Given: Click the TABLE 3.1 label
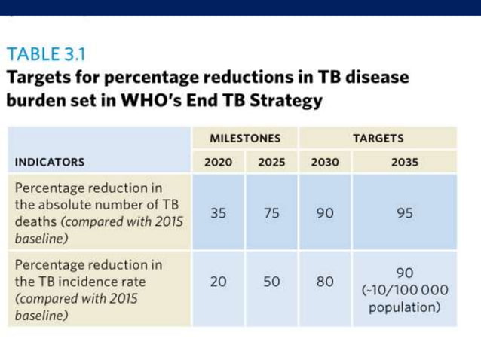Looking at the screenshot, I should coord(46,54).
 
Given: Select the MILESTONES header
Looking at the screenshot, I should coord(244,139).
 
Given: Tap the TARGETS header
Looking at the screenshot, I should coord(378,139).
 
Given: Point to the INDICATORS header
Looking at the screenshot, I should coord(50,162).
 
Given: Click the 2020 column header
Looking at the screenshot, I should coord(219,162).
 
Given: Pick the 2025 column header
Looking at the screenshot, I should coord(271,162).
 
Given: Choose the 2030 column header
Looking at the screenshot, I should coord(325,162).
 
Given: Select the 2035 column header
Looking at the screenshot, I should coord(405,162).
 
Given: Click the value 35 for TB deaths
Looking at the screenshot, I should coord(219,213).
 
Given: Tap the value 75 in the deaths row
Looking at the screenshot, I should coord(271,213).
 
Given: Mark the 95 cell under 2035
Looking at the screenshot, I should coord(405,213).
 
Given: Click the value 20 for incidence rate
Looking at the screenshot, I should coord(219,282).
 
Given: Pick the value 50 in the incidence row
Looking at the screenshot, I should coord(271,282).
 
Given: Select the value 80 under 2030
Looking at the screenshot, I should coord(325,282).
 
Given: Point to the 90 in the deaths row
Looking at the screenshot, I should coord(325,213).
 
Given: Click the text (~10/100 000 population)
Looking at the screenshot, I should coord(405,299).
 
